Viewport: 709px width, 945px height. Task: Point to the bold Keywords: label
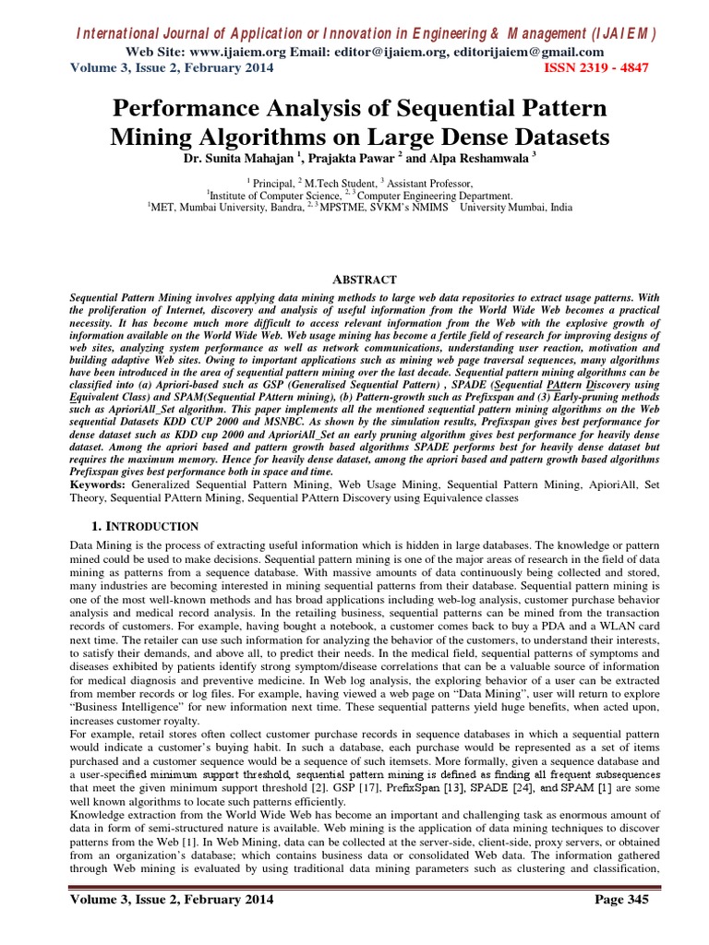pyautogui.click(x=99, y=483)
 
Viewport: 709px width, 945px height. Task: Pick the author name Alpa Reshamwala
pyautogui.click(x=472, y=158)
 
